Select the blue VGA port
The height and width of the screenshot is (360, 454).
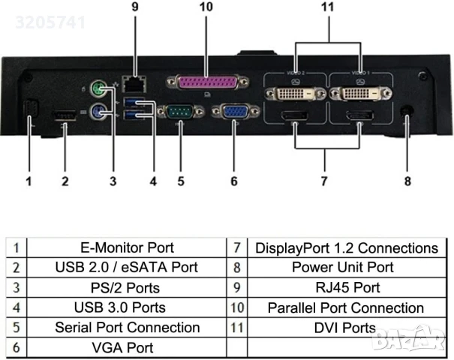click(x=233, y=112)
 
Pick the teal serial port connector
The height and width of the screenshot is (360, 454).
click(x=180, y=112)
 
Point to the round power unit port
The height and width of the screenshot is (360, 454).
click(x=407, y=109)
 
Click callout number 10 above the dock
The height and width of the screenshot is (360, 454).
click(x=206, y=7)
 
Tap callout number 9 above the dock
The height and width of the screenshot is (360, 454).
click(x=134, y=7)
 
